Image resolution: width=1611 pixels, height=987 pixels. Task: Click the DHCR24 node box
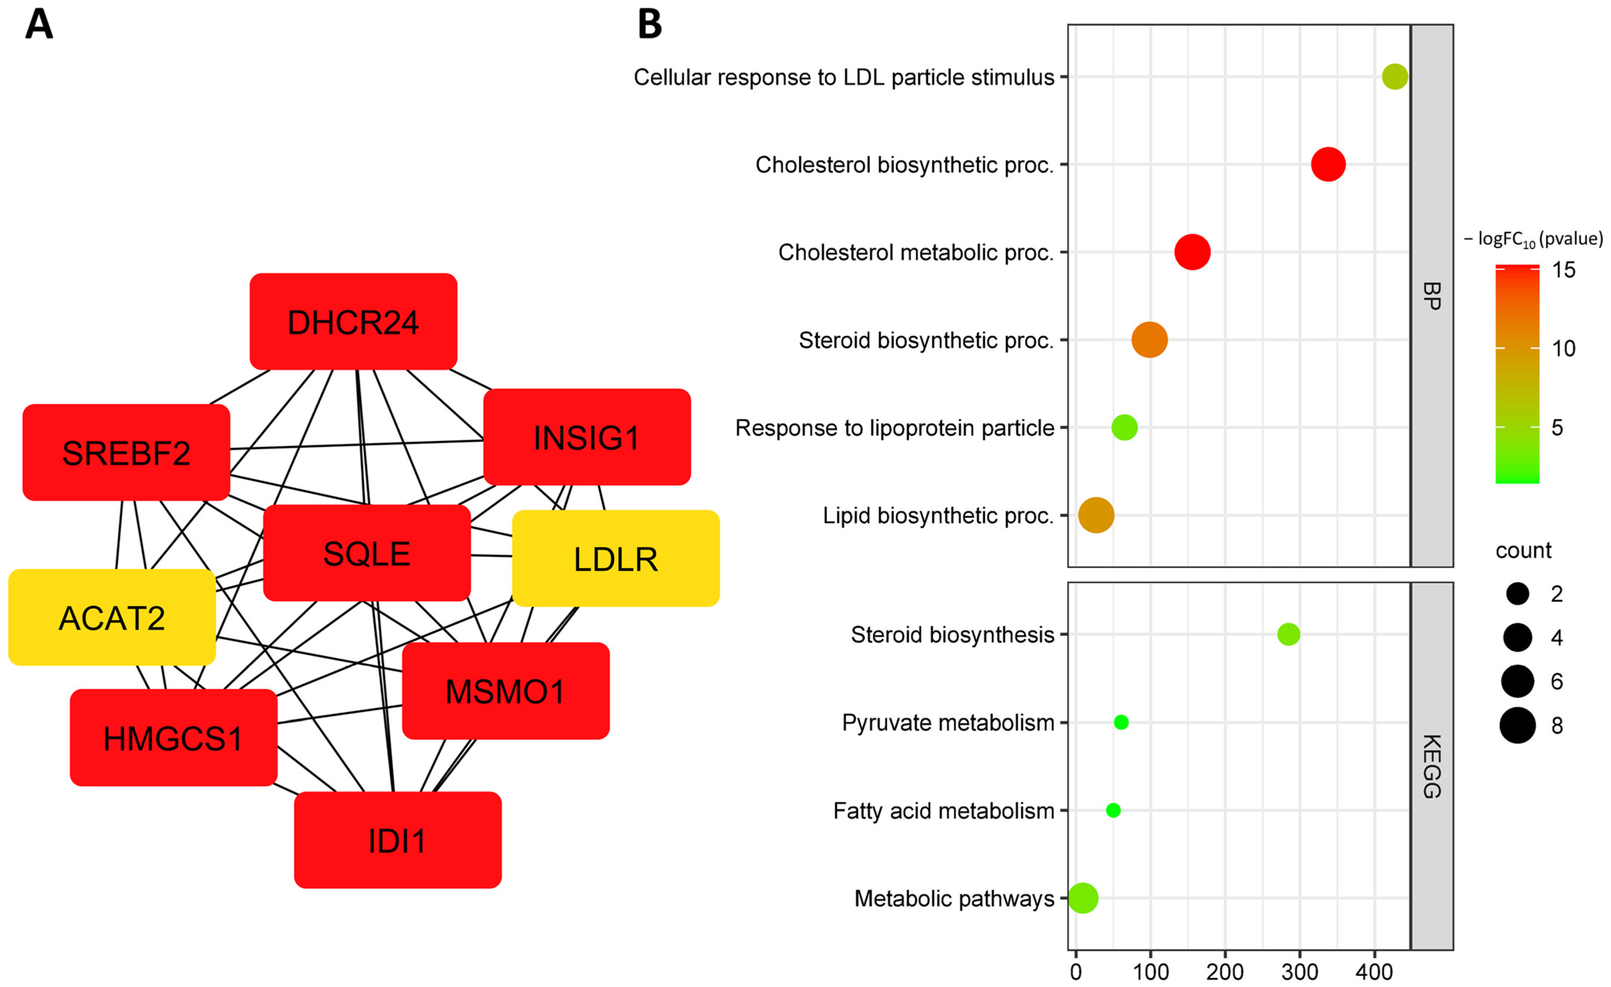353,322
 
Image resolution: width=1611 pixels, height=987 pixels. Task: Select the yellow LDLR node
615,558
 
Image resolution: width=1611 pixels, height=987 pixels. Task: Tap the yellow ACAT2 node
112,618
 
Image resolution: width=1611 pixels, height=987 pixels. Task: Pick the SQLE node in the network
367,553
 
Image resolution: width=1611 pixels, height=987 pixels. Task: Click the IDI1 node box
398,840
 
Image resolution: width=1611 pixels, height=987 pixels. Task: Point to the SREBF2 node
126,453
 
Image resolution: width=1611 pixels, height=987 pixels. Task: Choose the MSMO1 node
505,691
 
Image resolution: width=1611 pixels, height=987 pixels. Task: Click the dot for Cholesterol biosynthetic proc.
1328,164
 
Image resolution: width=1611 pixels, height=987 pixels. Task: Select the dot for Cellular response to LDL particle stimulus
1395,77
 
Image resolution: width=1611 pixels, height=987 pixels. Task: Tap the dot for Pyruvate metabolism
1120,722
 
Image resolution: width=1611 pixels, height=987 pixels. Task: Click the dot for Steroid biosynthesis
1288,634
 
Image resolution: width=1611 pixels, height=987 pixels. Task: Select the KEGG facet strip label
1431,766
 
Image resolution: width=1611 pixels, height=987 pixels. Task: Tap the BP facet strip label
1431,296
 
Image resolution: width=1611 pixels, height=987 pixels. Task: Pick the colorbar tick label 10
1563,349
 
